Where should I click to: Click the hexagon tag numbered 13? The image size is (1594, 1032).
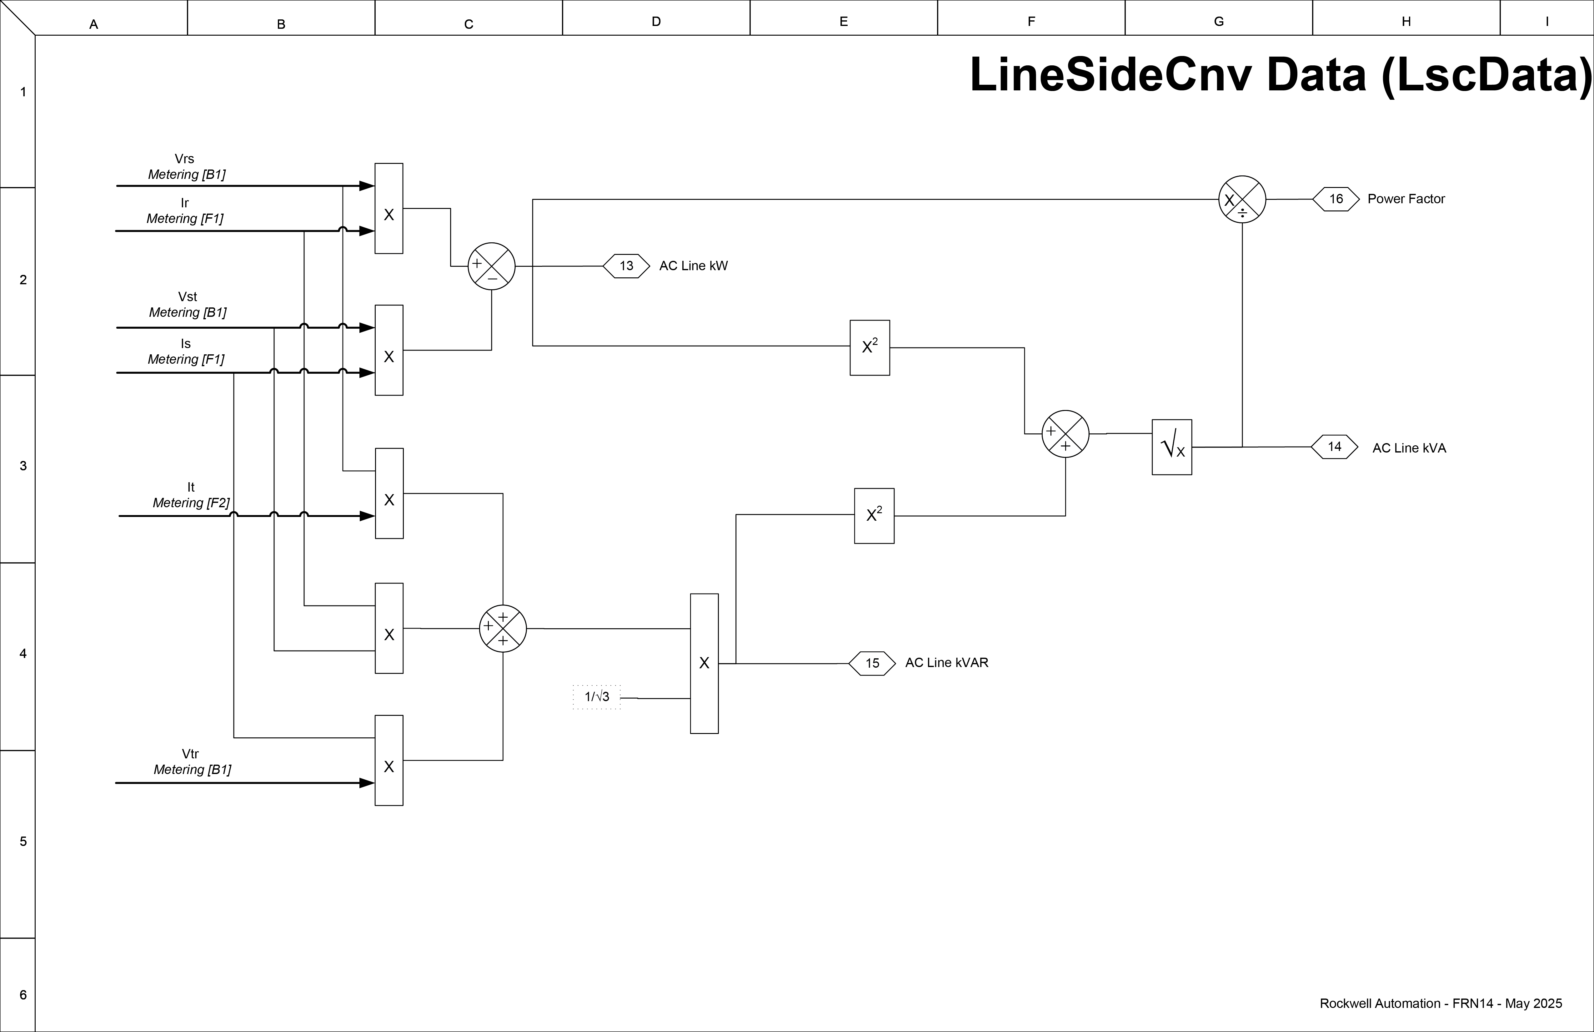[626, 266]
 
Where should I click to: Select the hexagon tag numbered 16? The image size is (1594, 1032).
[1336, 199]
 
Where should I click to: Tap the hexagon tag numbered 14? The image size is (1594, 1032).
[1334, 447]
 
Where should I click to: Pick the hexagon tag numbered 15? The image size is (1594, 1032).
[872, 663]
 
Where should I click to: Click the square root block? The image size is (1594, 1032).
[1171, 447]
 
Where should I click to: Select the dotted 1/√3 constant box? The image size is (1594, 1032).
[597, 697]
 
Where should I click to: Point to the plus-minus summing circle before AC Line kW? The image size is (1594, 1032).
[492, 266]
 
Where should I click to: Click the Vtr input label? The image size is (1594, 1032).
[190, 754]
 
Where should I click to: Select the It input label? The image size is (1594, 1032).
[191, 487]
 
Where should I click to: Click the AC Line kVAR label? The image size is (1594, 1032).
[946, 663]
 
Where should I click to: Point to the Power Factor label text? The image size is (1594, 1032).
[1406, 199]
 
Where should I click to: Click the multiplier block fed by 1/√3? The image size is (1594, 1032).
[704, 663]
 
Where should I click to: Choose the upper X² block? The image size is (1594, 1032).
[869, 348]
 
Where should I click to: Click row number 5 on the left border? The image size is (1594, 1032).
[23, 842]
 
